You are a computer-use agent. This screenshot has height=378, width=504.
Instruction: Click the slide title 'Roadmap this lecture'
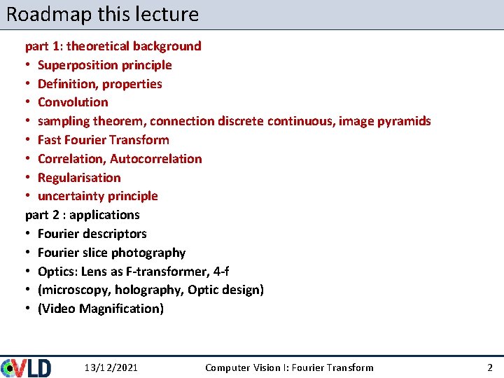102,14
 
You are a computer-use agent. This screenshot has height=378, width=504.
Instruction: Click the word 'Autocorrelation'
155,159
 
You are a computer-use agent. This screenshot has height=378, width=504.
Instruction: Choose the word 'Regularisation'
79,178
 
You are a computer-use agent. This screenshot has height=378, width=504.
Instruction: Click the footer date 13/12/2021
111,367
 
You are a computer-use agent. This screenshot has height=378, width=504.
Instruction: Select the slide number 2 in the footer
490,367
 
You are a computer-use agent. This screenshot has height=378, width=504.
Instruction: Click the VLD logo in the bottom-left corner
26,367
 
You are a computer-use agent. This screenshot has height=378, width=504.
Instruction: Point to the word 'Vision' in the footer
272,367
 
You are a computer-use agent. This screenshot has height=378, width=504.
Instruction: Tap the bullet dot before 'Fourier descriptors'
29,234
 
